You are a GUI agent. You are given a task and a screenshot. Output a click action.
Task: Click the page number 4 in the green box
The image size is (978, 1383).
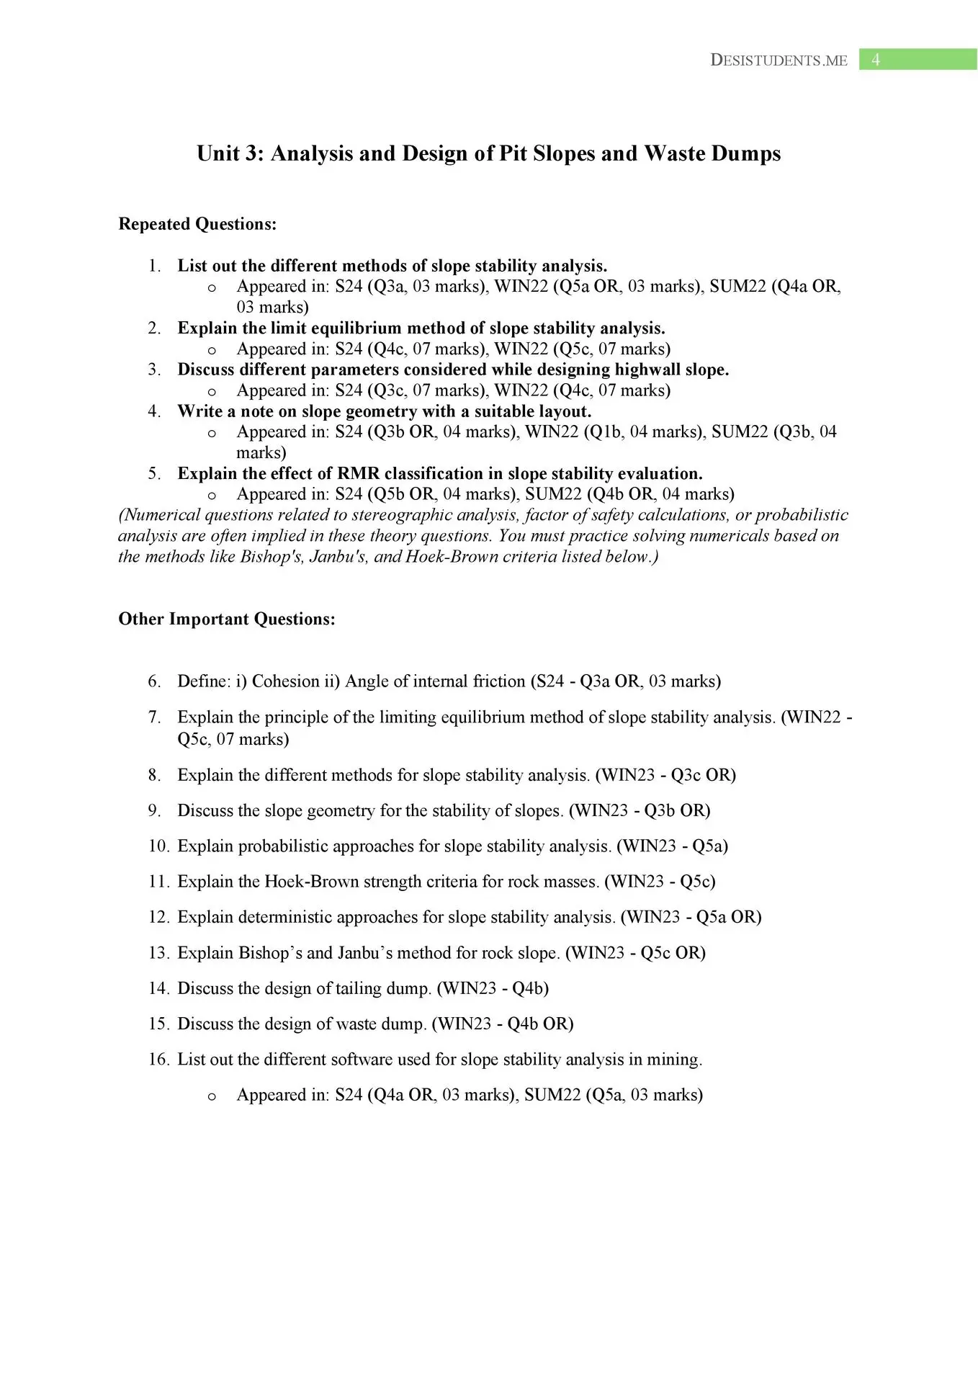coord(876,60)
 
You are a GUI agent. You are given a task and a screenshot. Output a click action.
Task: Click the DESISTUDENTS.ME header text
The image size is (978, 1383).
coord(779,61)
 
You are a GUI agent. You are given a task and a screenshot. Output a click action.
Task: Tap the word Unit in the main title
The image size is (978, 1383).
coord(220,153)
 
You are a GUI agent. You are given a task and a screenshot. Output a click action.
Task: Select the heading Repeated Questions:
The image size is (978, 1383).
coord(197,224)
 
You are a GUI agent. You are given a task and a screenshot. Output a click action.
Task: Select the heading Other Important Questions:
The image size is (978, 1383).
coord(227,619)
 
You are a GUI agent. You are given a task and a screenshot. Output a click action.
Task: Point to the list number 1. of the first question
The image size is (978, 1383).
coord(155,266)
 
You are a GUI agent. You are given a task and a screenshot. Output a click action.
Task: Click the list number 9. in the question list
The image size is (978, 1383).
coord(155,810)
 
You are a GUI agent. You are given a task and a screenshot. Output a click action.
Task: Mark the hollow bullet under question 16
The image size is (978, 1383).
coord(212,1096)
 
